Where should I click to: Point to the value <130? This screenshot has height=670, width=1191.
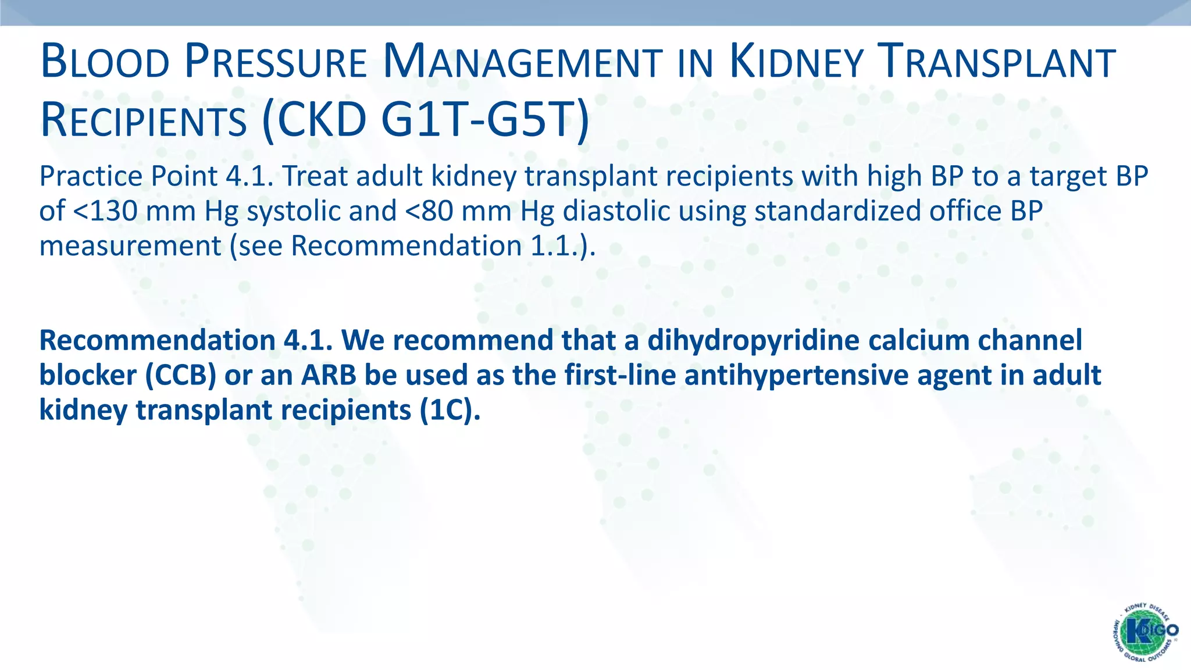(x=105, y=211)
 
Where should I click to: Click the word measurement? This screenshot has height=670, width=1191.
(x=130, y=245)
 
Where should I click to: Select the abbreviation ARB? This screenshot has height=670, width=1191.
(x=329, y=375)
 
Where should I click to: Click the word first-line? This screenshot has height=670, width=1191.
(x=620, y=375)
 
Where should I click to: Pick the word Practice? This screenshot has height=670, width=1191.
(x=91, y=176)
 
